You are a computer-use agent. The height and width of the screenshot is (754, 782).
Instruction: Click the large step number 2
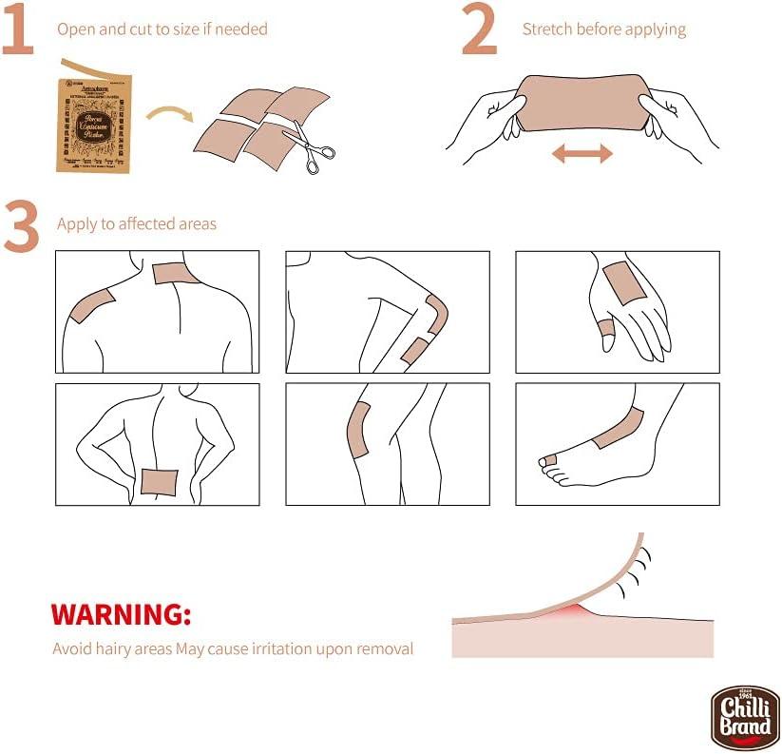point(480,30)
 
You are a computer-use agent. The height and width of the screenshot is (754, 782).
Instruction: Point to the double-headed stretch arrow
point(582,153)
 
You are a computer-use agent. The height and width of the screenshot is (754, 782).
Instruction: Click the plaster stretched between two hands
point(582,102)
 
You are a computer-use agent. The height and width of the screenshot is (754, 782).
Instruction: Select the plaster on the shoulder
point(92,308)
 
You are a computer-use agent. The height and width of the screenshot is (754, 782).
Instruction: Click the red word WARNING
point(121,613)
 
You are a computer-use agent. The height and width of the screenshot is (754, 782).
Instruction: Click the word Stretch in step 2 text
point(547,29)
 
